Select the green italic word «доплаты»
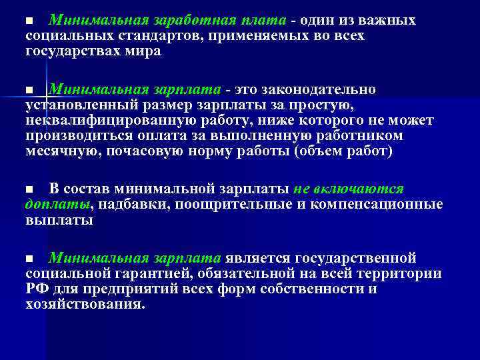[x=57, y=204]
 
